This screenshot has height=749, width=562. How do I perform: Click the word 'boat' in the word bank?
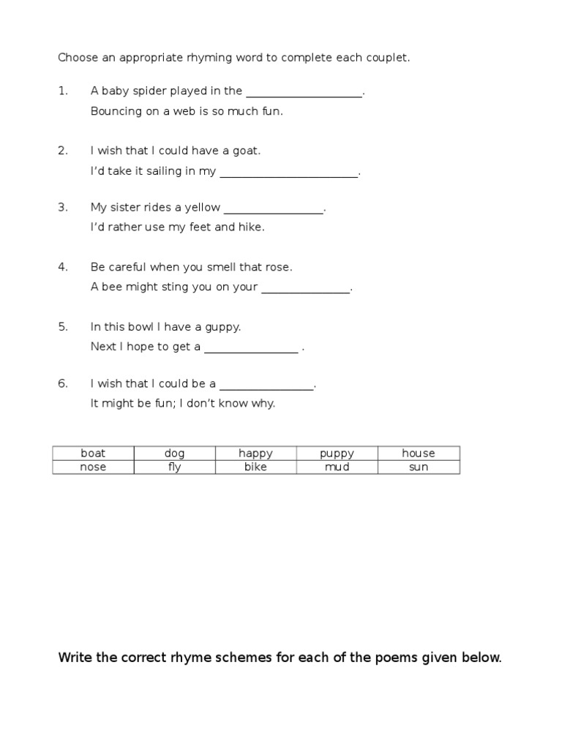tap(93, 453)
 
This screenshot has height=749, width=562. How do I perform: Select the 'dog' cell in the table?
tap(174, 453)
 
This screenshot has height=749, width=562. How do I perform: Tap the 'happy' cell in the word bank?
tap(255, 453)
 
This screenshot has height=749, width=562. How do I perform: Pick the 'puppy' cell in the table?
tap(337, 453)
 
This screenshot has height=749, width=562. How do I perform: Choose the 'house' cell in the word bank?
tap(418, 453)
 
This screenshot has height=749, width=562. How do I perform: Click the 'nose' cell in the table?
tap(93, 467)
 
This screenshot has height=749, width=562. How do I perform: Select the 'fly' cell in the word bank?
tap(174, 467)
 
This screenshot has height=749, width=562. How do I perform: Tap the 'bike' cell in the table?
tap(255, 467)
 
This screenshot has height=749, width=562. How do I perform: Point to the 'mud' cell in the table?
tap(337, 467)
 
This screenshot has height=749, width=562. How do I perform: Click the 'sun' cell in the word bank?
tap(418, 467)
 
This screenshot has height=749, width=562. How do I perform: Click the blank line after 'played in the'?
tap(304, 93)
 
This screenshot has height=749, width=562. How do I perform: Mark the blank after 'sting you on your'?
tap(305, 289)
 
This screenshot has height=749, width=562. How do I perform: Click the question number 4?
tap(62, 267)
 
